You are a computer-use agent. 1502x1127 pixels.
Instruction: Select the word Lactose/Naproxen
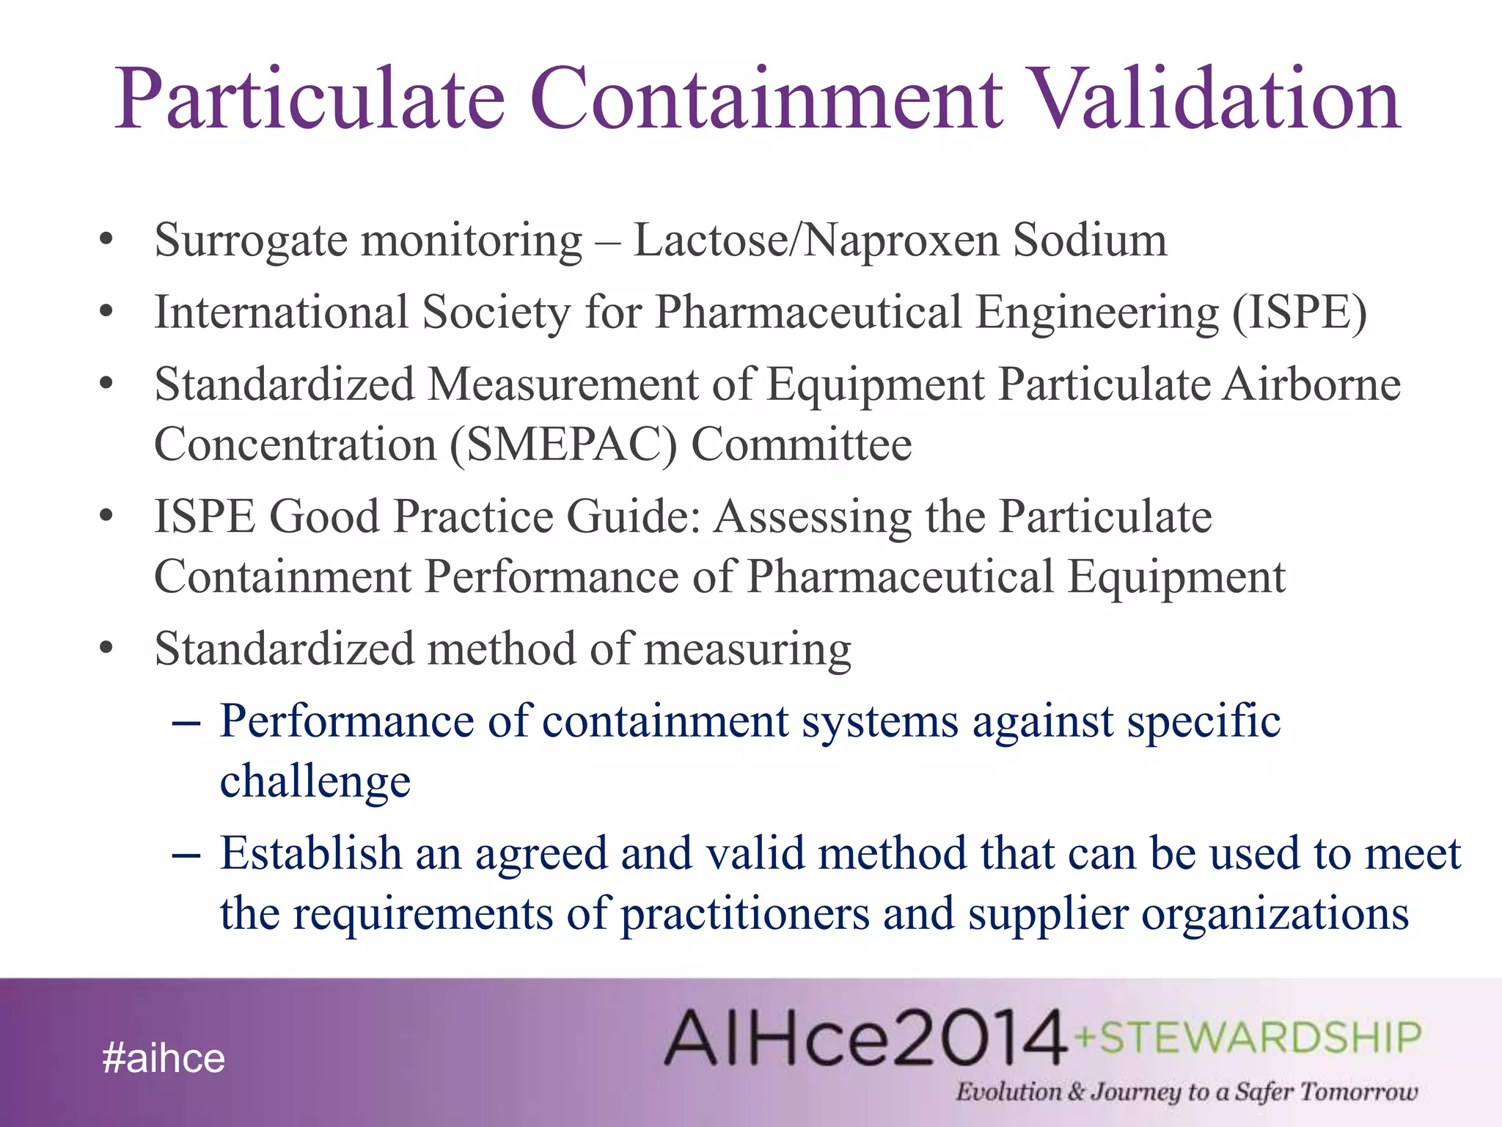[816, 241]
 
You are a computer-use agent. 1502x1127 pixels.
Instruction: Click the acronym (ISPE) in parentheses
[1300, 313]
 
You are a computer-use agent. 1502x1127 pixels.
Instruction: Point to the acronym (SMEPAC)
[563, 445]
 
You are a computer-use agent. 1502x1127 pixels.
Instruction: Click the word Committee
[802, 445]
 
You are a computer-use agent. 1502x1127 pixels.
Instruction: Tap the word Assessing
[813, 517]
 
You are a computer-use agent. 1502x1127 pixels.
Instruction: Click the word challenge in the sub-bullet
[315, 781]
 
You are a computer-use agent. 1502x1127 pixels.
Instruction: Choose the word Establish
[310, 853]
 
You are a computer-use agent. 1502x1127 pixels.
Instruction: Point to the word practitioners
[744, 914]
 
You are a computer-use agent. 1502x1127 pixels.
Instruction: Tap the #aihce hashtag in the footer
[164, 1058]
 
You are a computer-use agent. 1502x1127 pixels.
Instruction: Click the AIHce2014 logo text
[865, 1037]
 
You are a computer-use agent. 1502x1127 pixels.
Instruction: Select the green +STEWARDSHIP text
[1248, 1037]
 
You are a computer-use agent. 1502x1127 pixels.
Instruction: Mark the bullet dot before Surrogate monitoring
[107, 239]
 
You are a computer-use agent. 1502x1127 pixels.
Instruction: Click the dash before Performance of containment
[186, 723]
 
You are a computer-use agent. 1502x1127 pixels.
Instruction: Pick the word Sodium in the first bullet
[1090, 241]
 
